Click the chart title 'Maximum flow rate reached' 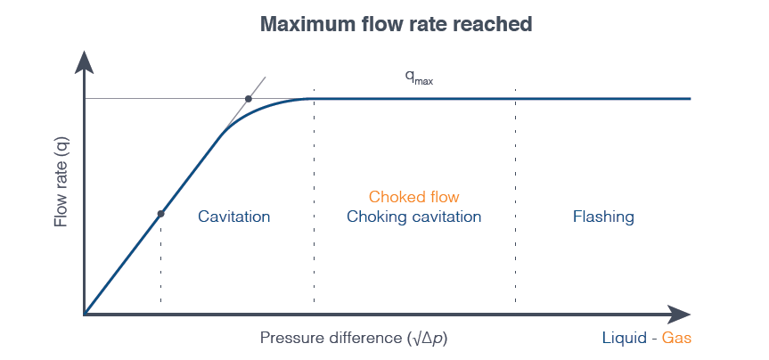point(396,24)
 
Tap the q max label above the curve point(419,78)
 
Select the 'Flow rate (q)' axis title point(61,182)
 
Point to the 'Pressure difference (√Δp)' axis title point(354,338)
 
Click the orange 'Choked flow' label point(414,197)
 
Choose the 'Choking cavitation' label point(414,217)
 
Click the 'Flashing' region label point(603,217)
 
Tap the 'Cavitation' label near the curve point(234,217)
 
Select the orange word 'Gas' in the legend point(677,338)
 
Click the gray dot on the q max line point(248,99)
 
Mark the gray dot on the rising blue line point(160,214)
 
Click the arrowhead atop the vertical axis point(85,62)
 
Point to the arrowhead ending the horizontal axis point(679,315)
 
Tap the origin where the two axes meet point(85,314)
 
